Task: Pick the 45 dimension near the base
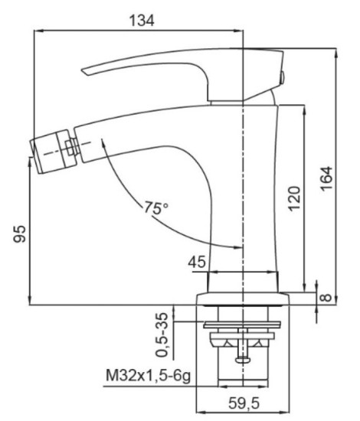[197, 263]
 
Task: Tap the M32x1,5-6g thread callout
[145, 376]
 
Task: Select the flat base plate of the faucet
[244, 297]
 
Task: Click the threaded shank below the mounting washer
[244, 371]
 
